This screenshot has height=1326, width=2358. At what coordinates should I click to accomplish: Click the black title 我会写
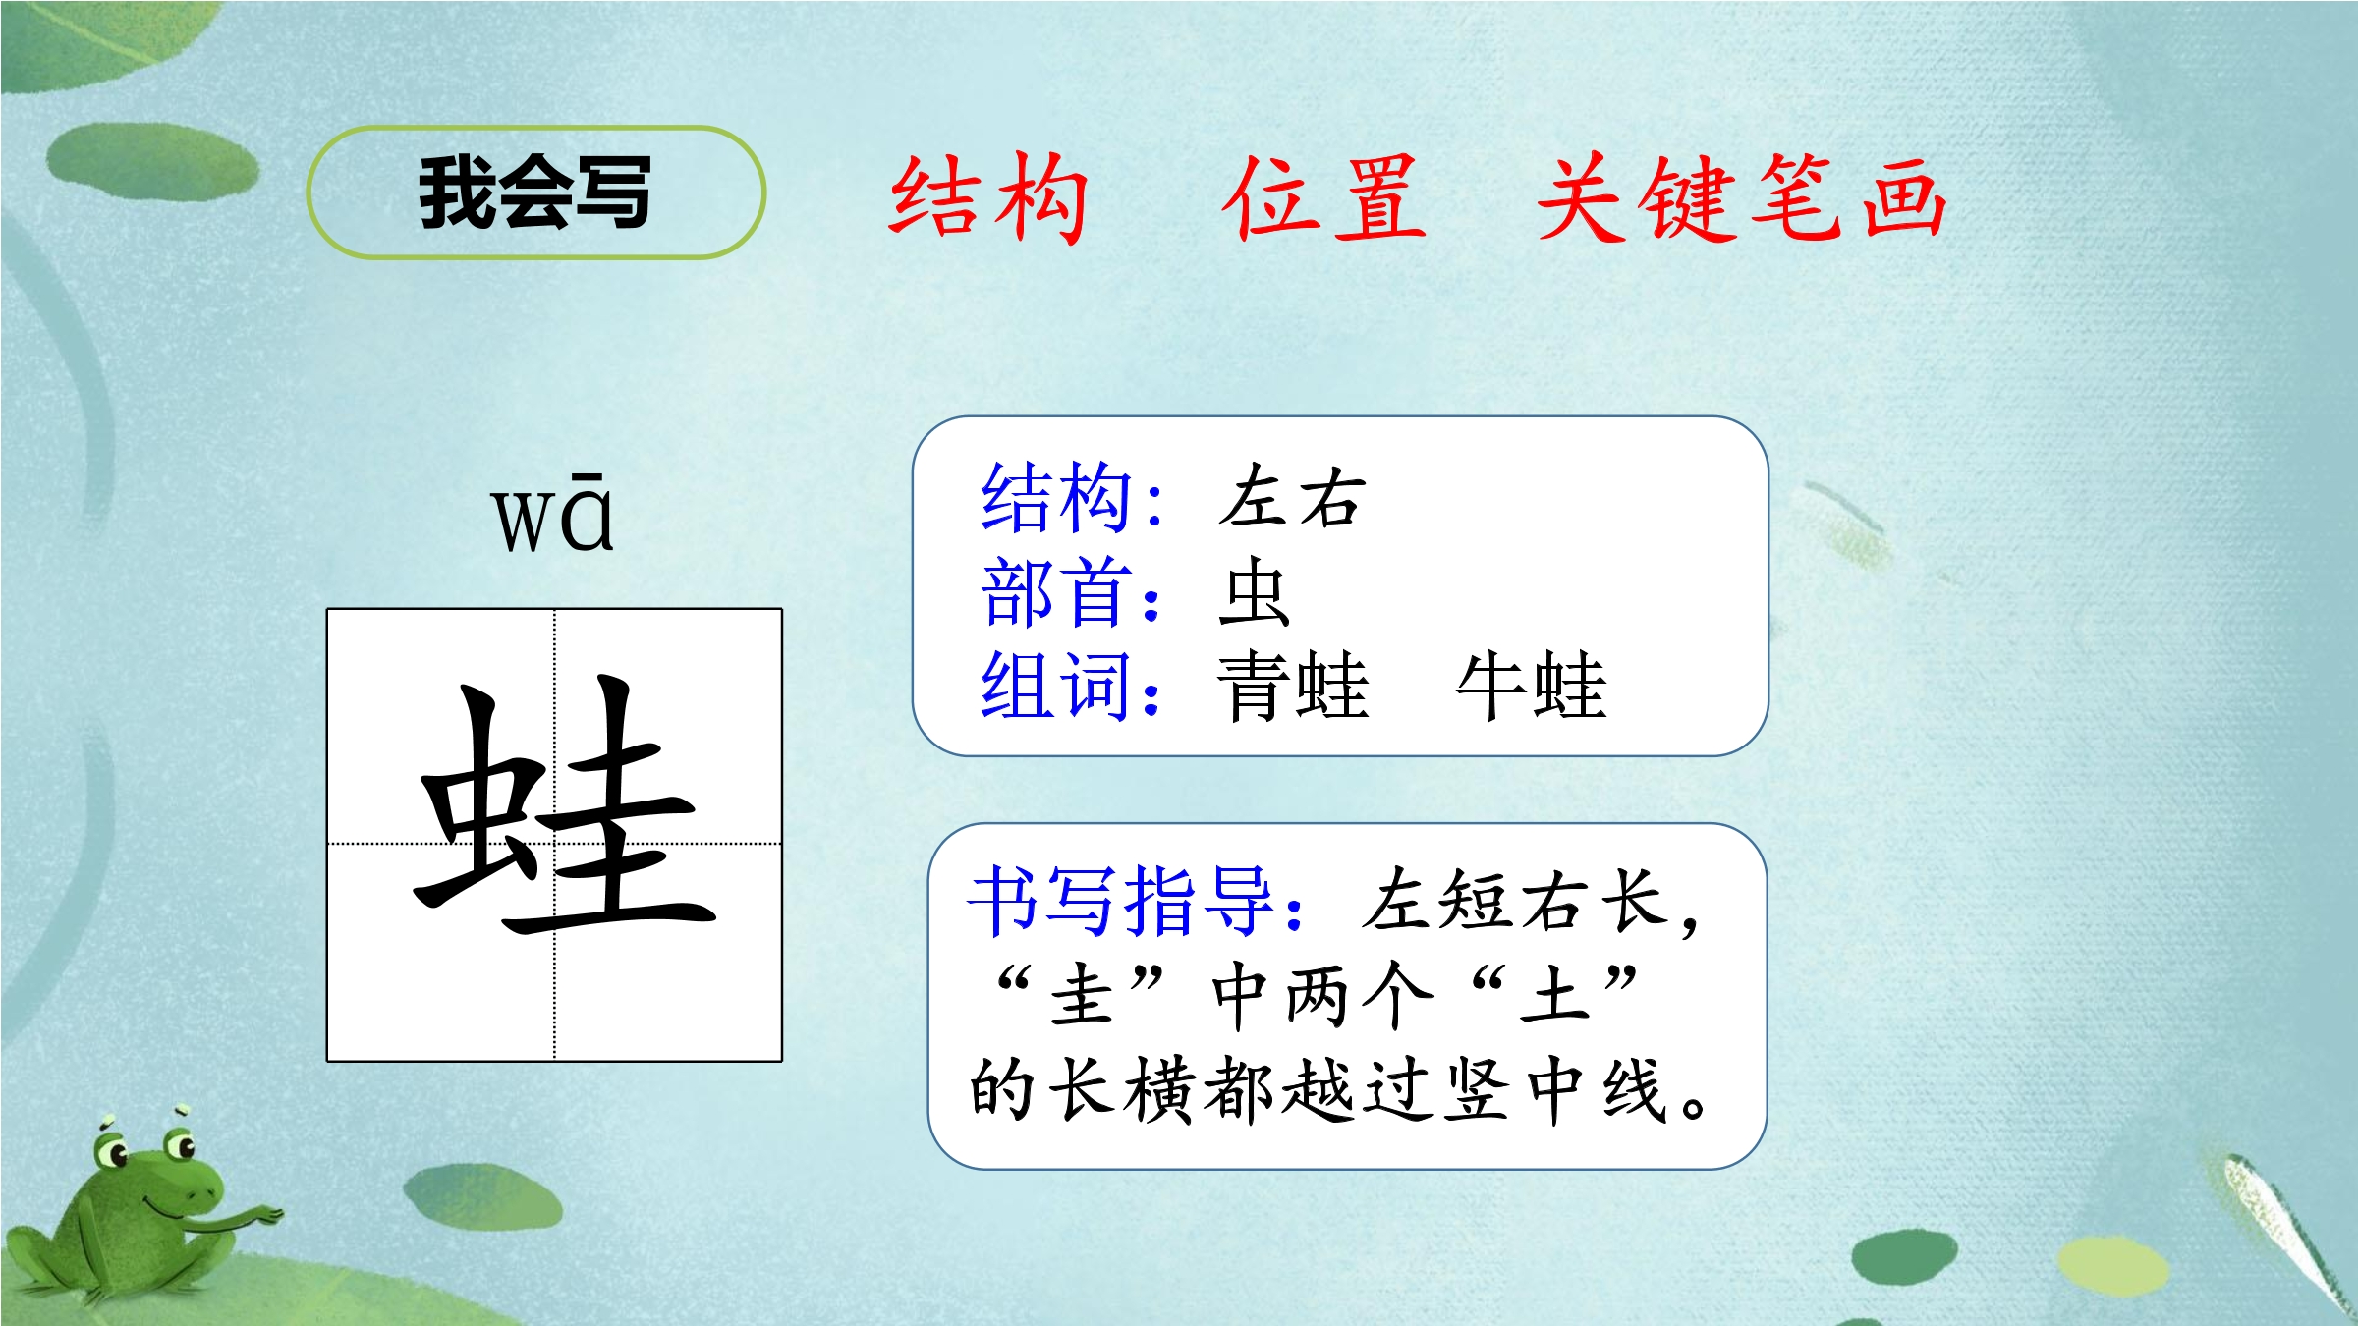(x=535, y=193)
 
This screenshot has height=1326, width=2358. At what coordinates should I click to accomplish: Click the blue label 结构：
(x=1072, y=498)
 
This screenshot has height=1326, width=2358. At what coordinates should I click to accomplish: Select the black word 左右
(x=1293, y=498)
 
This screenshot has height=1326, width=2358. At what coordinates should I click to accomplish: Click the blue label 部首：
(x=1072, y=591)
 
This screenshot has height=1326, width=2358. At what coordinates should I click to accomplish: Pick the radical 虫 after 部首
(x=1254, y=591)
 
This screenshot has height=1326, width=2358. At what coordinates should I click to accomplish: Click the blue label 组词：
(x=1072, y=686)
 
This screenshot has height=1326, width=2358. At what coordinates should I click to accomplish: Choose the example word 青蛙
(x=1293, y=686)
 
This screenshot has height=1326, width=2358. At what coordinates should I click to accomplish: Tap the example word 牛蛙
(x=1531, y=686)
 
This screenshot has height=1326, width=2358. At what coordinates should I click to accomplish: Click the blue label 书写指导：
(x=1138, y=900)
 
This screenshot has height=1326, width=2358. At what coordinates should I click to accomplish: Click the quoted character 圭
(x=1082, y=995)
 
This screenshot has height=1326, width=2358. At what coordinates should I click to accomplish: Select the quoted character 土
(x=1554, y=995)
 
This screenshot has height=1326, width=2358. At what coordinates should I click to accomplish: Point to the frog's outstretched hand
(x=263, y=1216)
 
